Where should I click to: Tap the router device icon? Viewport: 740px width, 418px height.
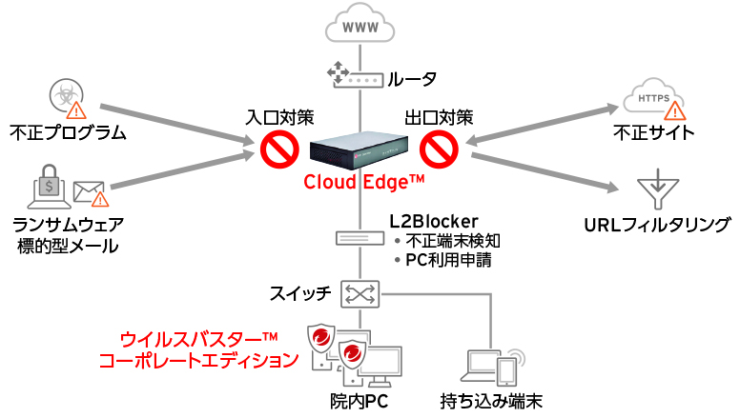click(352, 77)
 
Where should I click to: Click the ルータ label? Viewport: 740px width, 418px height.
click(412, 78)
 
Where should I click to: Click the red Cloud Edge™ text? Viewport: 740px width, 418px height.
click(364, 183)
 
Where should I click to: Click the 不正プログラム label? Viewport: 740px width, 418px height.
click(67, 131)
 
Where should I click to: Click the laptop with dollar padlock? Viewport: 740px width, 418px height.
click(49, 186)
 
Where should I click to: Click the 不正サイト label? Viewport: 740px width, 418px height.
click(654, 131)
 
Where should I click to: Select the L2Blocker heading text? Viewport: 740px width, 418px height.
click(434, 221)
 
